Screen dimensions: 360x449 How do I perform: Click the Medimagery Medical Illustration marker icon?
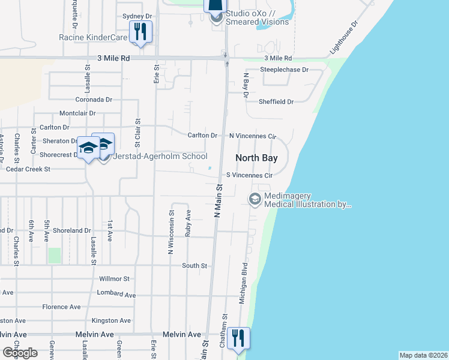(x=255, y=199)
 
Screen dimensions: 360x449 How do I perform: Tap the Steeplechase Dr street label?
(x=284, y=70)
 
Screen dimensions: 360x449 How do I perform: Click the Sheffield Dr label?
(x=276, y=102)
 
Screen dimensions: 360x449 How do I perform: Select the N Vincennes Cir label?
(x=252, y=136)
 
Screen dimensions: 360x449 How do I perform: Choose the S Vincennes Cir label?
(x=250, y=175)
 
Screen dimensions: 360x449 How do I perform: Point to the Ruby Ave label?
(x=188, y=222)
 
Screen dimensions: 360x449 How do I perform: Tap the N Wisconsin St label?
(x=171, y=232)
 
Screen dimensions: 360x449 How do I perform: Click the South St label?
(x=194, y=265)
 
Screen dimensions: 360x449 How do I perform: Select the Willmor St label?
(x=114, y=279)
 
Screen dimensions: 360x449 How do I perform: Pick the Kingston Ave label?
(x=113, y=321)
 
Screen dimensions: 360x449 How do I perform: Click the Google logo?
(x=20, y=353)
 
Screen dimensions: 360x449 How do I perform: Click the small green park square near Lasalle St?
(x=55, y=255)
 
